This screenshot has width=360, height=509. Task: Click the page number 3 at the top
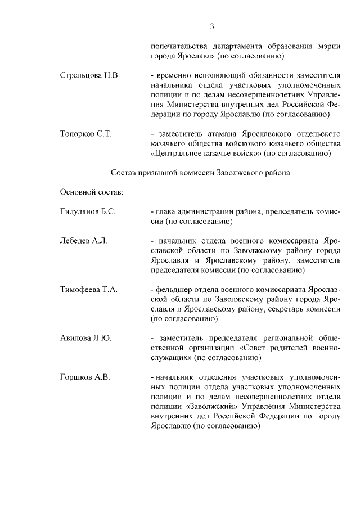[213, 25]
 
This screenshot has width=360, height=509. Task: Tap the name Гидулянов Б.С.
[88, 211]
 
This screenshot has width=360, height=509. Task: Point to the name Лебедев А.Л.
[84, 241]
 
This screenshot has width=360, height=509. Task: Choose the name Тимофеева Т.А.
[88, 290]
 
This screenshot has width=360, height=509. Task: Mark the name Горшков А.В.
[85, 377]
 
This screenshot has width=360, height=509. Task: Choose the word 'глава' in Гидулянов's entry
[167, 211]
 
